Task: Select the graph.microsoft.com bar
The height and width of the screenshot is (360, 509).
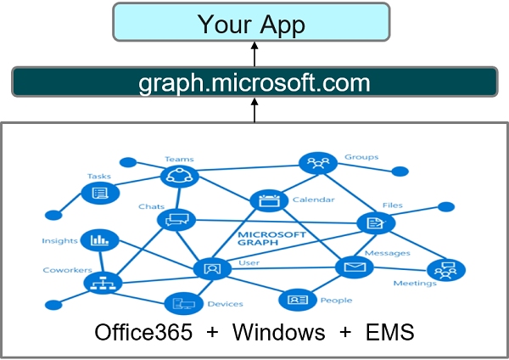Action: point(254,83)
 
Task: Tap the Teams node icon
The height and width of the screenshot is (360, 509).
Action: point(180,175)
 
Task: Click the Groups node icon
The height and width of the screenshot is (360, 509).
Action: point(319,164)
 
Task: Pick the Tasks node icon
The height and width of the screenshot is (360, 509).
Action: point(98,194)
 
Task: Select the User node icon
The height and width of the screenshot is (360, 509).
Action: point(213,268)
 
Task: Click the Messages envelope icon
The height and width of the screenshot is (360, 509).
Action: point(354,267)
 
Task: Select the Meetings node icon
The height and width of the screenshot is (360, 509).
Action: point(442,270)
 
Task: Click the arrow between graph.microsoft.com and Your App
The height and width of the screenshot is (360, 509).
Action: point(254,54)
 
